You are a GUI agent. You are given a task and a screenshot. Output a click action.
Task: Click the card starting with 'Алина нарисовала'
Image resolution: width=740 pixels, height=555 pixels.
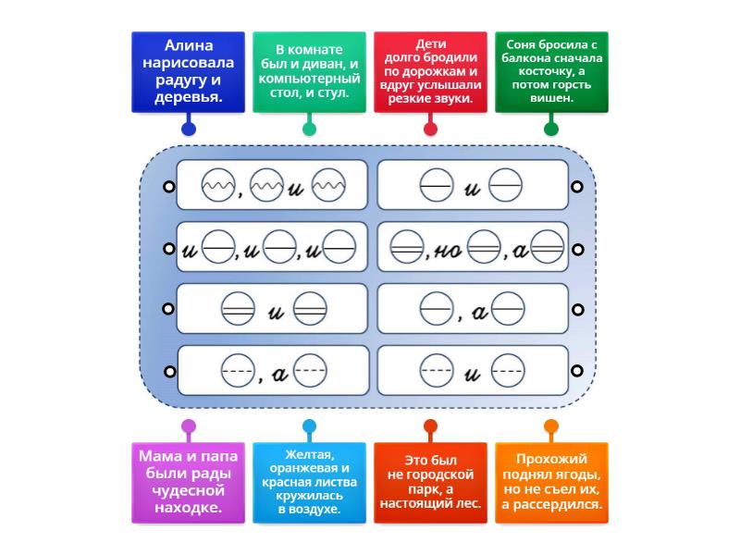(189, 72)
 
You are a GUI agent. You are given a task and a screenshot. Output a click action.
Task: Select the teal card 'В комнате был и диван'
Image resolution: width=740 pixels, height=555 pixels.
(309, 72)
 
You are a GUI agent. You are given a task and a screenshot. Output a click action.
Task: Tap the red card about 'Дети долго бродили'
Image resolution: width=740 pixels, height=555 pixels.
(430, 72)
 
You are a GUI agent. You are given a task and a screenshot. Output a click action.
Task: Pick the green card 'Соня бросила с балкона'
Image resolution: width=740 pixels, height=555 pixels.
(551, 72)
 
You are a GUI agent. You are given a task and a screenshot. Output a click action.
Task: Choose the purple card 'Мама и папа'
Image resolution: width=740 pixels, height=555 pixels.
(189, 481)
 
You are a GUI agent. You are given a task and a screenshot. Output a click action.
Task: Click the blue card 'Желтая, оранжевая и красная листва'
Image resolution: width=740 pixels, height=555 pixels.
(309, 481)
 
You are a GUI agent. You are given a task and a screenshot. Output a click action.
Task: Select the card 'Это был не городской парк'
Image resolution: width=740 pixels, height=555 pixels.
(430, 481)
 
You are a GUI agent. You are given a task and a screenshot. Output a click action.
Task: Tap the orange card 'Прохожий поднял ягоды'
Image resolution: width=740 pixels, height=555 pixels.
(551, 481)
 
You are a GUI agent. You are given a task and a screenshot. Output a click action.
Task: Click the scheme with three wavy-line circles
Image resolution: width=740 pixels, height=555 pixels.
(273, 188)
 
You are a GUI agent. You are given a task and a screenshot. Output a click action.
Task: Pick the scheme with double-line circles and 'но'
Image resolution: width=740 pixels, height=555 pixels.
(473, 248)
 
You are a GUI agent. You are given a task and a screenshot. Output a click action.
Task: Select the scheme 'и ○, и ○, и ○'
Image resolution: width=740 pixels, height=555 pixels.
(273, 248)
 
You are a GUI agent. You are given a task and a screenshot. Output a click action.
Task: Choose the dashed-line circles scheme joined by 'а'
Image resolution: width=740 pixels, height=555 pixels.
(273, 372)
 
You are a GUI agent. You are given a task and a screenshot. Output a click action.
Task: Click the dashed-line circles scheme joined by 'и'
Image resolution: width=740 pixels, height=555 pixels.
(473, 372)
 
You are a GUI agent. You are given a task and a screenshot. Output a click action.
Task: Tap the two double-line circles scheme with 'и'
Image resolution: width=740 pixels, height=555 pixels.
(273, 310)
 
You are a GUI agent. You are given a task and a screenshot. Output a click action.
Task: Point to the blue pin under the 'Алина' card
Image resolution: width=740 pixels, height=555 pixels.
(189, 129)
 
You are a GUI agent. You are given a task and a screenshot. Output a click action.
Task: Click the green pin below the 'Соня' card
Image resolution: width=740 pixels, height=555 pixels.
(551, 129)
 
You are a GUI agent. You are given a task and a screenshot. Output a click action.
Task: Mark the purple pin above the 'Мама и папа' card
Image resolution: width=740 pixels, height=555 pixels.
(189, 426)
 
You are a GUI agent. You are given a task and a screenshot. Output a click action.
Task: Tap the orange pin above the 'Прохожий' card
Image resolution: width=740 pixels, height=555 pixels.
(551, 426)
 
